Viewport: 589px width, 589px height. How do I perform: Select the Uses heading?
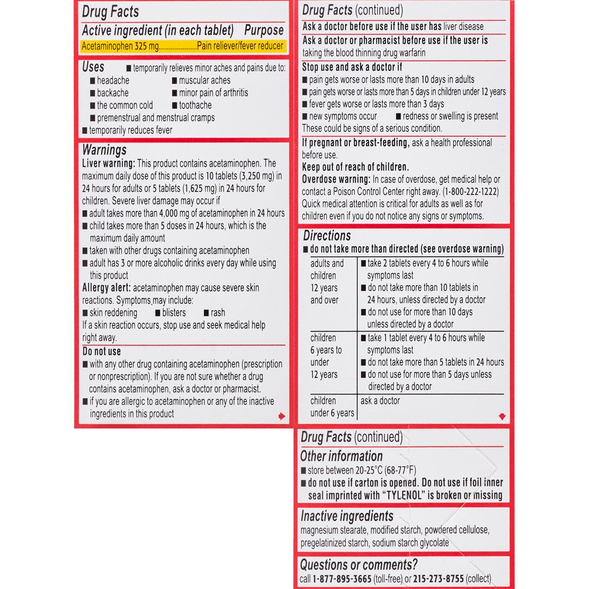tap(94, 67)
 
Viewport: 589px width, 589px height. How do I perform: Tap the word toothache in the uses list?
tap(195, 105)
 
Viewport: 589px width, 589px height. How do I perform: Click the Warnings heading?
tap(104, 150)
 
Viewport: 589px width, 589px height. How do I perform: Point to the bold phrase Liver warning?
tap(109, 163)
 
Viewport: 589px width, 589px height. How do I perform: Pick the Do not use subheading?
tap(101, 352)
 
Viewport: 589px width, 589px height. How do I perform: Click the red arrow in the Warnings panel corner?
tap(282, 416)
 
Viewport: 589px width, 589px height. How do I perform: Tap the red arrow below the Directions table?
tap(502, 416)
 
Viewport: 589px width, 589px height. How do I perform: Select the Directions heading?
tap(327, 236)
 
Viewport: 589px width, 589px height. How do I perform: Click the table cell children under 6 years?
tap(332, 406)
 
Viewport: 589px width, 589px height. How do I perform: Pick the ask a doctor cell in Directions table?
tap(380, 401)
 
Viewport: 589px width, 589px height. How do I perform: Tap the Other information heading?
tap(341, 456)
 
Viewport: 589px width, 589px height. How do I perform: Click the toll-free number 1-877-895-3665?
tap(342, 579)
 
